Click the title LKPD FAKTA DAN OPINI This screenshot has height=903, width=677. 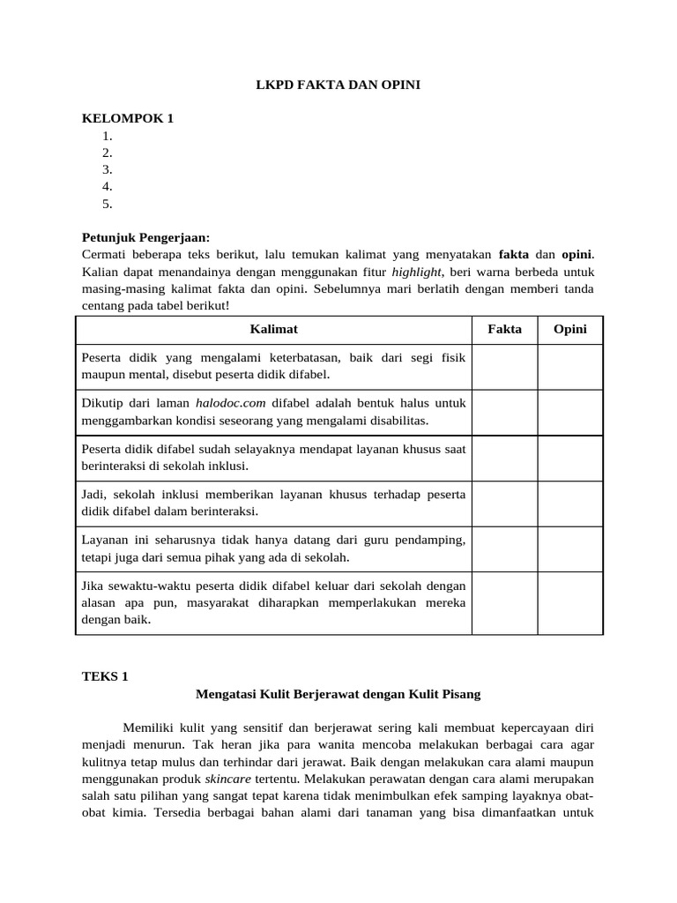coord(338,85)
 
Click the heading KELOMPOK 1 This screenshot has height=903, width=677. coord(127,118)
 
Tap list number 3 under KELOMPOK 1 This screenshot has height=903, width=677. coord(108,169)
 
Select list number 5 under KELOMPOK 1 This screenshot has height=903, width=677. coord(108,204)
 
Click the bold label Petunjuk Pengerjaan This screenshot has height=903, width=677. coord(146,237)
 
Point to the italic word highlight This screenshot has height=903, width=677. coord(416,272)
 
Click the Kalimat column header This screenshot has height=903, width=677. coord(273,329)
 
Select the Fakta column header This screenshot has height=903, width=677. coord(504,329)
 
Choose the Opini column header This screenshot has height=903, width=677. coord(570,329)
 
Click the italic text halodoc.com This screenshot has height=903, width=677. coord(230,403)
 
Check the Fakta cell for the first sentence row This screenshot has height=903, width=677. coord(504,366)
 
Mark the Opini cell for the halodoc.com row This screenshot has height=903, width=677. coord(570,412)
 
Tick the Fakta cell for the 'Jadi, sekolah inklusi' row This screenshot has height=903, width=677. coord(504,504)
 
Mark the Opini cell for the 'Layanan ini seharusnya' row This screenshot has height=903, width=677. coord(570,549)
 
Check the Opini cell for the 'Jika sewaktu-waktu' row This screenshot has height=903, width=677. coord(570,602)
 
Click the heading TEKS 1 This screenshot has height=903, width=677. coord(105,676)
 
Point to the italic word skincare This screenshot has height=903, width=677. coord(228,779)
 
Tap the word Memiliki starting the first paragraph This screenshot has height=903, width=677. coord(148,728)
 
